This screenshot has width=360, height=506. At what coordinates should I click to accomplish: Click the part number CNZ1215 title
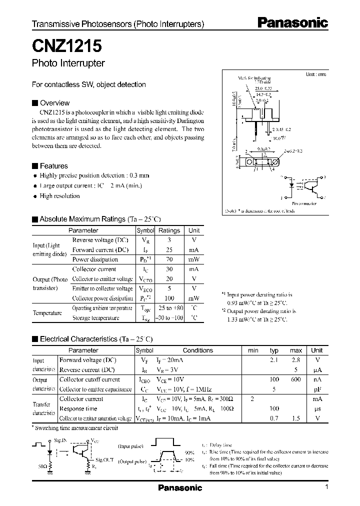tap(67, 46)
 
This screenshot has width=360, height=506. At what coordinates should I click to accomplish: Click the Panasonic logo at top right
tap(292, 23)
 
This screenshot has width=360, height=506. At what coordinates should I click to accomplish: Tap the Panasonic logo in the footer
tap(180, 488)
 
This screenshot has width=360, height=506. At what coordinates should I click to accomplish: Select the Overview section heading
tap(54, 103)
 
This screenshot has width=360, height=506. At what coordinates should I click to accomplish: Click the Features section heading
tap(53, 166)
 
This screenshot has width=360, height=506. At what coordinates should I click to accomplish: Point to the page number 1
tap(326, 487)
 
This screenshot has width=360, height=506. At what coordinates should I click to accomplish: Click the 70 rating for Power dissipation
tap(169, 259)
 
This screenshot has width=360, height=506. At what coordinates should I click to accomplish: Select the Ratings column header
tap(169, 230)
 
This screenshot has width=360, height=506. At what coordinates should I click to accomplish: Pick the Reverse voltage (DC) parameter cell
tap(100, 240)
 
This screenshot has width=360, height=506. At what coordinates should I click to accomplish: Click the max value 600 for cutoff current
tap(296, 379)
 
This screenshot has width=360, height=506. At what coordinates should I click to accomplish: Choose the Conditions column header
tap(198, 350)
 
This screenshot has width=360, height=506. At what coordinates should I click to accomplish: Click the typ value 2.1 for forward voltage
tap(274, 360)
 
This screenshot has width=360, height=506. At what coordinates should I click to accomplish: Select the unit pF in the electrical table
tap(317, 389)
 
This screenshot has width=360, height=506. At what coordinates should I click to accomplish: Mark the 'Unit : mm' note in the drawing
tap(315, 74)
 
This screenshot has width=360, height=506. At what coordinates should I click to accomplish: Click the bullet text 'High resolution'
tap(59, 196)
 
